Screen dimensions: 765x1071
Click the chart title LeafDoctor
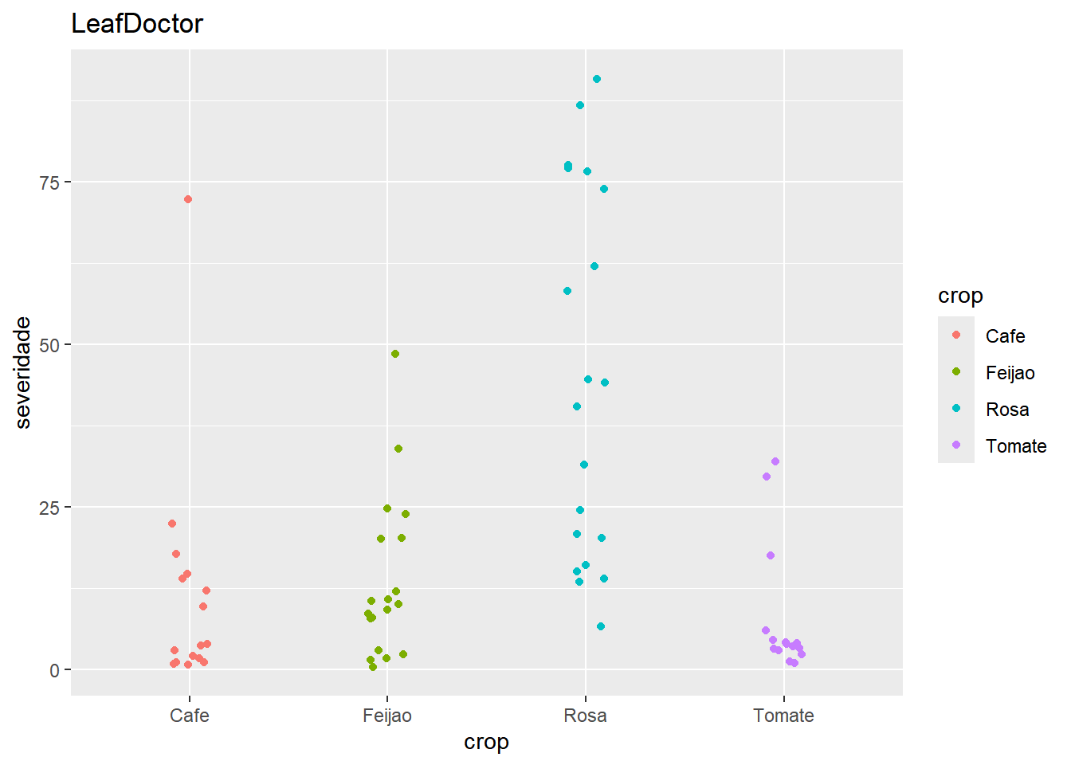(137, 24)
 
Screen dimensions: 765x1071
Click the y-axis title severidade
(24, 372)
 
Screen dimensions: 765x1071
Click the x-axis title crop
(486, 742)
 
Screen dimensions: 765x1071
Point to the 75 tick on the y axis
(49, 182)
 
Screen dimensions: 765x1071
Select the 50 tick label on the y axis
(49, 345)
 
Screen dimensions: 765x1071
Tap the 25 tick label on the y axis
(49, 508)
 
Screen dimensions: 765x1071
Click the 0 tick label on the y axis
(54, 670)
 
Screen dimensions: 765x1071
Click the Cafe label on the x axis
(190, 716)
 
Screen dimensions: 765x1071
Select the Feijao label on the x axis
(387, 716)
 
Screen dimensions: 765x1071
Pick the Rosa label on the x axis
(586, 716)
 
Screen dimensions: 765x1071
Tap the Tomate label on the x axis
(783, 716)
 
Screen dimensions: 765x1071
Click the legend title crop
(960, 296)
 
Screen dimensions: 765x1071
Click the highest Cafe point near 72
(188, 199)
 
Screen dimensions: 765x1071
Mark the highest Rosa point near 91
(597, 79)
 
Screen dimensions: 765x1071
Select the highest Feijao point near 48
(395, 354)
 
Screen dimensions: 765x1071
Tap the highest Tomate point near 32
(775, 461)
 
